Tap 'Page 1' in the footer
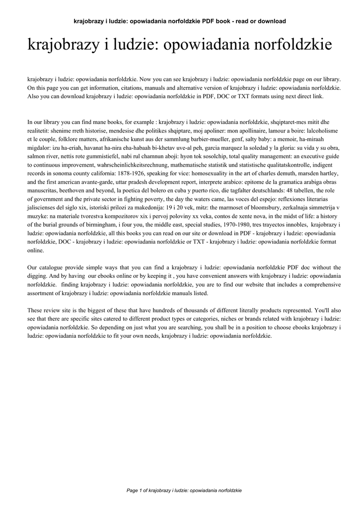coord(136,491)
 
